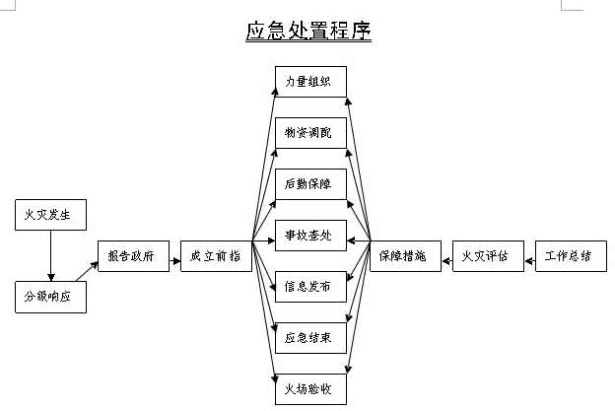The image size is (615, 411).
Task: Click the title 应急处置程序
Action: point(307,32)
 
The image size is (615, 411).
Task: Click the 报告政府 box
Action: point(133,256)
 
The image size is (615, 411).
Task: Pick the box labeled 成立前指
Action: point(216,256)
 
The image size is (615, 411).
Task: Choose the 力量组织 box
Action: point(309,82)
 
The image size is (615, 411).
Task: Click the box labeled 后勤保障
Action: point(309,184)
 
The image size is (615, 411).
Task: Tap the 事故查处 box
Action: point(309,236)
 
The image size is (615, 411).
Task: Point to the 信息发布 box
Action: point(309,287)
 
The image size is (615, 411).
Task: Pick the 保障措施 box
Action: point(403,256)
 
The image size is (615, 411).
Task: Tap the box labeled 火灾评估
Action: point(486,256)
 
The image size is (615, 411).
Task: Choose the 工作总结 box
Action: point(569,256)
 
